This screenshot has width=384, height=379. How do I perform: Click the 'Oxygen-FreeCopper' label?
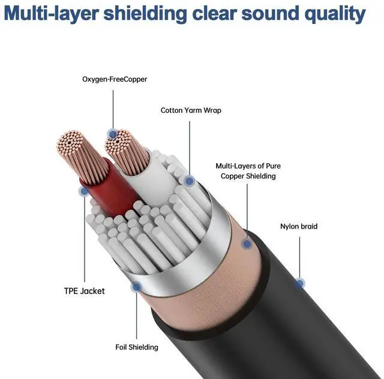click(x=114, y=79)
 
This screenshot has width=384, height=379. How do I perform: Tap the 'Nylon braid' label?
click(x=299, y=227)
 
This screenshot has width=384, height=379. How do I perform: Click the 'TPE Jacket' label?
click(x=84, y=291)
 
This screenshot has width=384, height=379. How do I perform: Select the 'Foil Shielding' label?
click(x=137, y=347)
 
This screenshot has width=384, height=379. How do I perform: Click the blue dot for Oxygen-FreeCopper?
click(x=111, y=134)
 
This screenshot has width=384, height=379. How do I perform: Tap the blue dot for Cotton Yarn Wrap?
click(x=189, y=180)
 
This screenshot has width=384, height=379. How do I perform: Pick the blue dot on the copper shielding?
click(x=246, y=243)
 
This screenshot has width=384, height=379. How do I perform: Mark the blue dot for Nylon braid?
click(x=299, y=282)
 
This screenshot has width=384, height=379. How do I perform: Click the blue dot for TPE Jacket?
click(x=83, y=191)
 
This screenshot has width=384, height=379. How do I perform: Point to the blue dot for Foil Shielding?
click(x=137, y=287)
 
